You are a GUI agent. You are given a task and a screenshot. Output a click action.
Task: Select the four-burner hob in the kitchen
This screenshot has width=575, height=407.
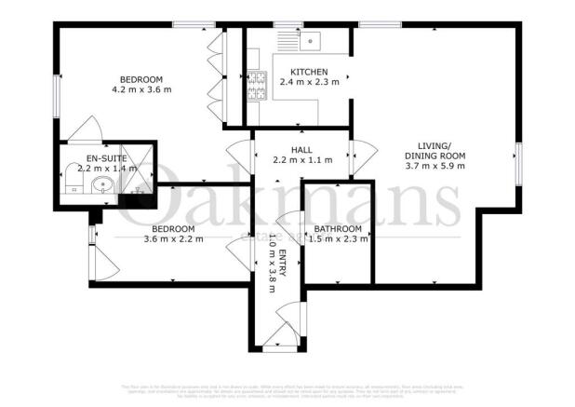pyautogui.click(x=255, y=88)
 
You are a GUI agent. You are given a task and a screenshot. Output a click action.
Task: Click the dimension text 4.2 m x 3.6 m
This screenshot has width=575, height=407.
pyautogui.click(x=142, y=89)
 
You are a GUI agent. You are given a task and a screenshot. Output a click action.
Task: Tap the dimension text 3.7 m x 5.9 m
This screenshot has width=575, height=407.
pyautogui.click(x=435, y=166)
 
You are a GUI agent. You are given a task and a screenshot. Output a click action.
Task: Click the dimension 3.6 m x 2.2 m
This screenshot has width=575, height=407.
pyautogui.click(x=147, y=239)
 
